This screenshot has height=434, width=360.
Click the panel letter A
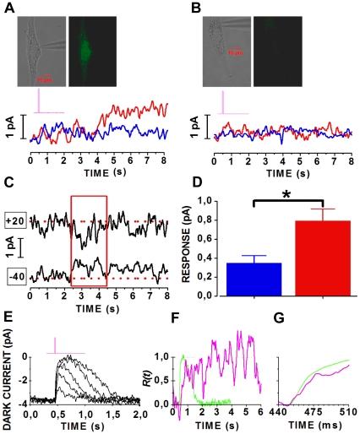point(8,8)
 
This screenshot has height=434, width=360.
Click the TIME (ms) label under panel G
point(319,426)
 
